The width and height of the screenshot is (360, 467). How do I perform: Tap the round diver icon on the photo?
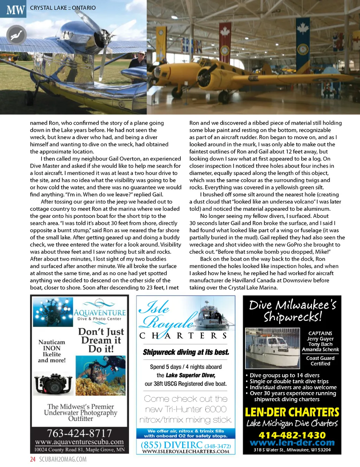pyautogui.click(x=16, y=35)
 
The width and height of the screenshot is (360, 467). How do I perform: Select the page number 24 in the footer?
pyautogui.click(x=33, y=459)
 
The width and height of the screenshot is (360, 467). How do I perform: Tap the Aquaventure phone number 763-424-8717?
pyautogui.click(x=79, y=433)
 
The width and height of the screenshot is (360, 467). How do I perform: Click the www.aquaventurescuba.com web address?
pyautogui.click(x=79, y=442)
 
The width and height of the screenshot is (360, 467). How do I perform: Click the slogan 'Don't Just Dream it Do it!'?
pyautogui.click(x=101, y=340)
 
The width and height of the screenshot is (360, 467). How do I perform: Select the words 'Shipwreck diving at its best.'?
pyautogui.click(x=186, y=352)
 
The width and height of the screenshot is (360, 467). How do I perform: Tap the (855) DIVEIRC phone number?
pyautogui.click(x=186, y=446)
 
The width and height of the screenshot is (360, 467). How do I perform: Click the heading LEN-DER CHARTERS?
pyautogui.click(x=292, y=412)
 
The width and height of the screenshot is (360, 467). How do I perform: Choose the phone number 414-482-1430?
pyautogui.click(x=292, y=435)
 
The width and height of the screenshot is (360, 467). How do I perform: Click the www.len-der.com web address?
pyautogui.click(x=292, y=443)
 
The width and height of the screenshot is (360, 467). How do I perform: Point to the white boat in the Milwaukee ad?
pyautogui.click(x=271, y=348)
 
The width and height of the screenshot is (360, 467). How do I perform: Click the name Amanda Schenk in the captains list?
pyautogui.click(x=320, y=350)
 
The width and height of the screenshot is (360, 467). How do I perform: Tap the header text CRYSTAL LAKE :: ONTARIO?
pyautogui.click(x=63, y=8)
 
